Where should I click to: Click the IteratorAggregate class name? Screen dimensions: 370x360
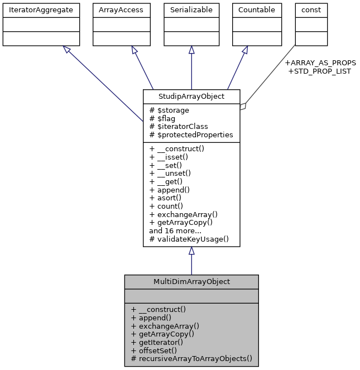click(41, 9)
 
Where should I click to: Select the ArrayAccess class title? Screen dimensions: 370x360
click(121, 9)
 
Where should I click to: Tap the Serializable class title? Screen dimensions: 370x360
click(191, 9)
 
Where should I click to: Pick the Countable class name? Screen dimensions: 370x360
click(256, 9)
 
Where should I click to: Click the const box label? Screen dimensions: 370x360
click(311, 9)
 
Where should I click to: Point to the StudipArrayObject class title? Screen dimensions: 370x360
click(191, 97)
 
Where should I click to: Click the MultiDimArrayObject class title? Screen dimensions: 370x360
click(191, 282)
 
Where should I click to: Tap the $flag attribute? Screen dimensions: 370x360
click(164, 118)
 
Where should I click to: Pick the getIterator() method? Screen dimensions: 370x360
click(157, 342)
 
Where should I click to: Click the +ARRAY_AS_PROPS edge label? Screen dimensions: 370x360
click(320, 63)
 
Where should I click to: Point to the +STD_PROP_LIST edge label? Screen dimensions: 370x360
click(319, 71)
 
